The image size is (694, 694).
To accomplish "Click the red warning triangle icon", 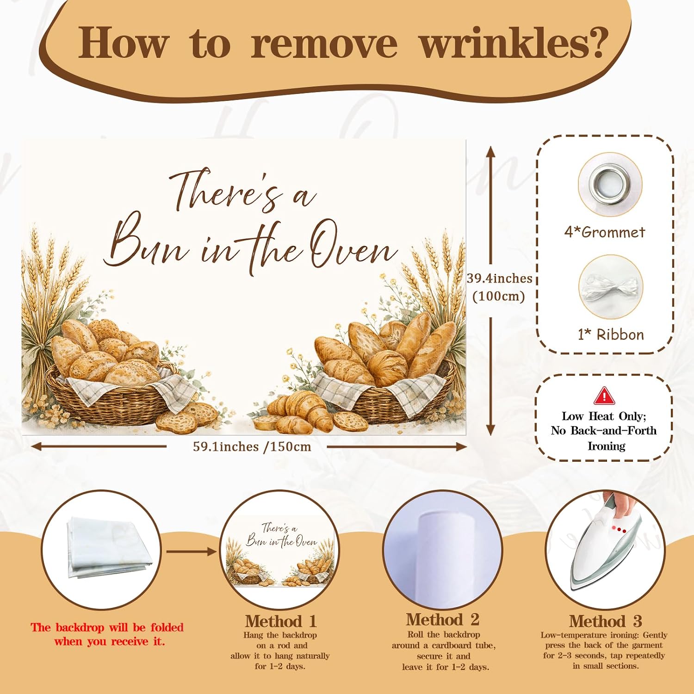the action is pos(604,396).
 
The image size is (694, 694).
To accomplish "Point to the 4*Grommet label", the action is pos(604,232).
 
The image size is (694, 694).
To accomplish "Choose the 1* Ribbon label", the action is pos(611,335).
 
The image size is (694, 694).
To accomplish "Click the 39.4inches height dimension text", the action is pos(500,279).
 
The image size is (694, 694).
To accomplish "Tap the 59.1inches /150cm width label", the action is pos(252,447).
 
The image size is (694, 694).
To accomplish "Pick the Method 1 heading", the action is pos(281,621).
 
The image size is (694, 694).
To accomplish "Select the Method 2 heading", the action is pos(443,620).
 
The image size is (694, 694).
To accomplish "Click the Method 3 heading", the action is pos(606,621).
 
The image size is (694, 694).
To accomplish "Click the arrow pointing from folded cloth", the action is pos(191,551).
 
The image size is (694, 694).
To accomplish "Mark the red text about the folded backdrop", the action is pos(107,634).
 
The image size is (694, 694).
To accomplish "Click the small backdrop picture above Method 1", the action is pos(279,551).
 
